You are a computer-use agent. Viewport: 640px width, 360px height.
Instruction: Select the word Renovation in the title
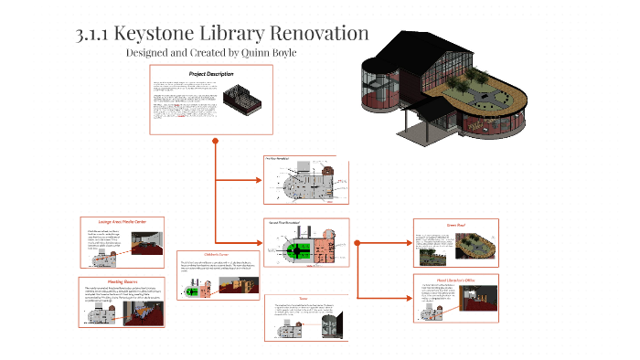coord(317,35)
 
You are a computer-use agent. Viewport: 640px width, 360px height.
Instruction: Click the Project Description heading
coord(211,72)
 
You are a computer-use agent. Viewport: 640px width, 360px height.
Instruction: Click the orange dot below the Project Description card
coord(215,141)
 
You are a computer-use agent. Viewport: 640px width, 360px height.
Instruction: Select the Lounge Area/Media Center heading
coord(122,220)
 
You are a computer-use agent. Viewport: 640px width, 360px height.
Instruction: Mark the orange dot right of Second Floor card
coord(357,243)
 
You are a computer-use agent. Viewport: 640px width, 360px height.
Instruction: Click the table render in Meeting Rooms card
coord(142,313)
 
